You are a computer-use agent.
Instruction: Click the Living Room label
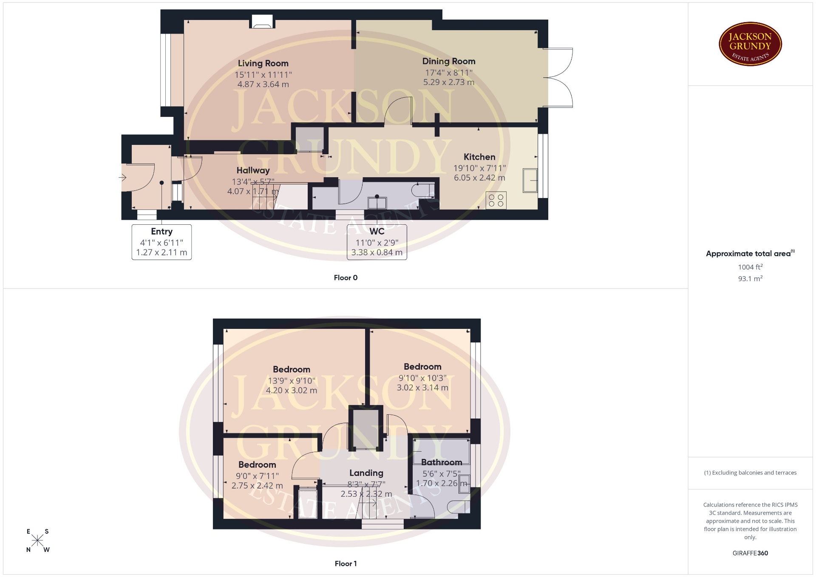263,63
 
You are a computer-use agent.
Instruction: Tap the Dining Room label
449,61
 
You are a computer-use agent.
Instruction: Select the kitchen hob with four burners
496,201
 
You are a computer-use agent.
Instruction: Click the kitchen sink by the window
530,180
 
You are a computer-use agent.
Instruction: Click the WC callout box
377,242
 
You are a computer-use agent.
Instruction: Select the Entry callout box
161,242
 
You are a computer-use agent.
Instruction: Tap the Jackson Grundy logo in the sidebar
751,45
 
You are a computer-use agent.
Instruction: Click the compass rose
37,540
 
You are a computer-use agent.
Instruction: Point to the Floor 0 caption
346,278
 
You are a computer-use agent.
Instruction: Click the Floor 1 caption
346,564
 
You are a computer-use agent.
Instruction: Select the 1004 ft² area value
750,267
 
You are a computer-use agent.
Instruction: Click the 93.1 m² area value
750,279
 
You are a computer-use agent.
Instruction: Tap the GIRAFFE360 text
750,553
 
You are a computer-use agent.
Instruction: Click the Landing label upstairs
366,473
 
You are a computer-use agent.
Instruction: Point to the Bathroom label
442,462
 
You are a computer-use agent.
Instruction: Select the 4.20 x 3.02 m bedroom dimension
292,390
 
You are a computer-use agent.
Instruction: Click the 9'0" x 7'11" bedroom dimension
257,476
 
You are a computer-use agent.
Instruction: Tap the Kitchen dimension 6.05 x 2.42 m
479,178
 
